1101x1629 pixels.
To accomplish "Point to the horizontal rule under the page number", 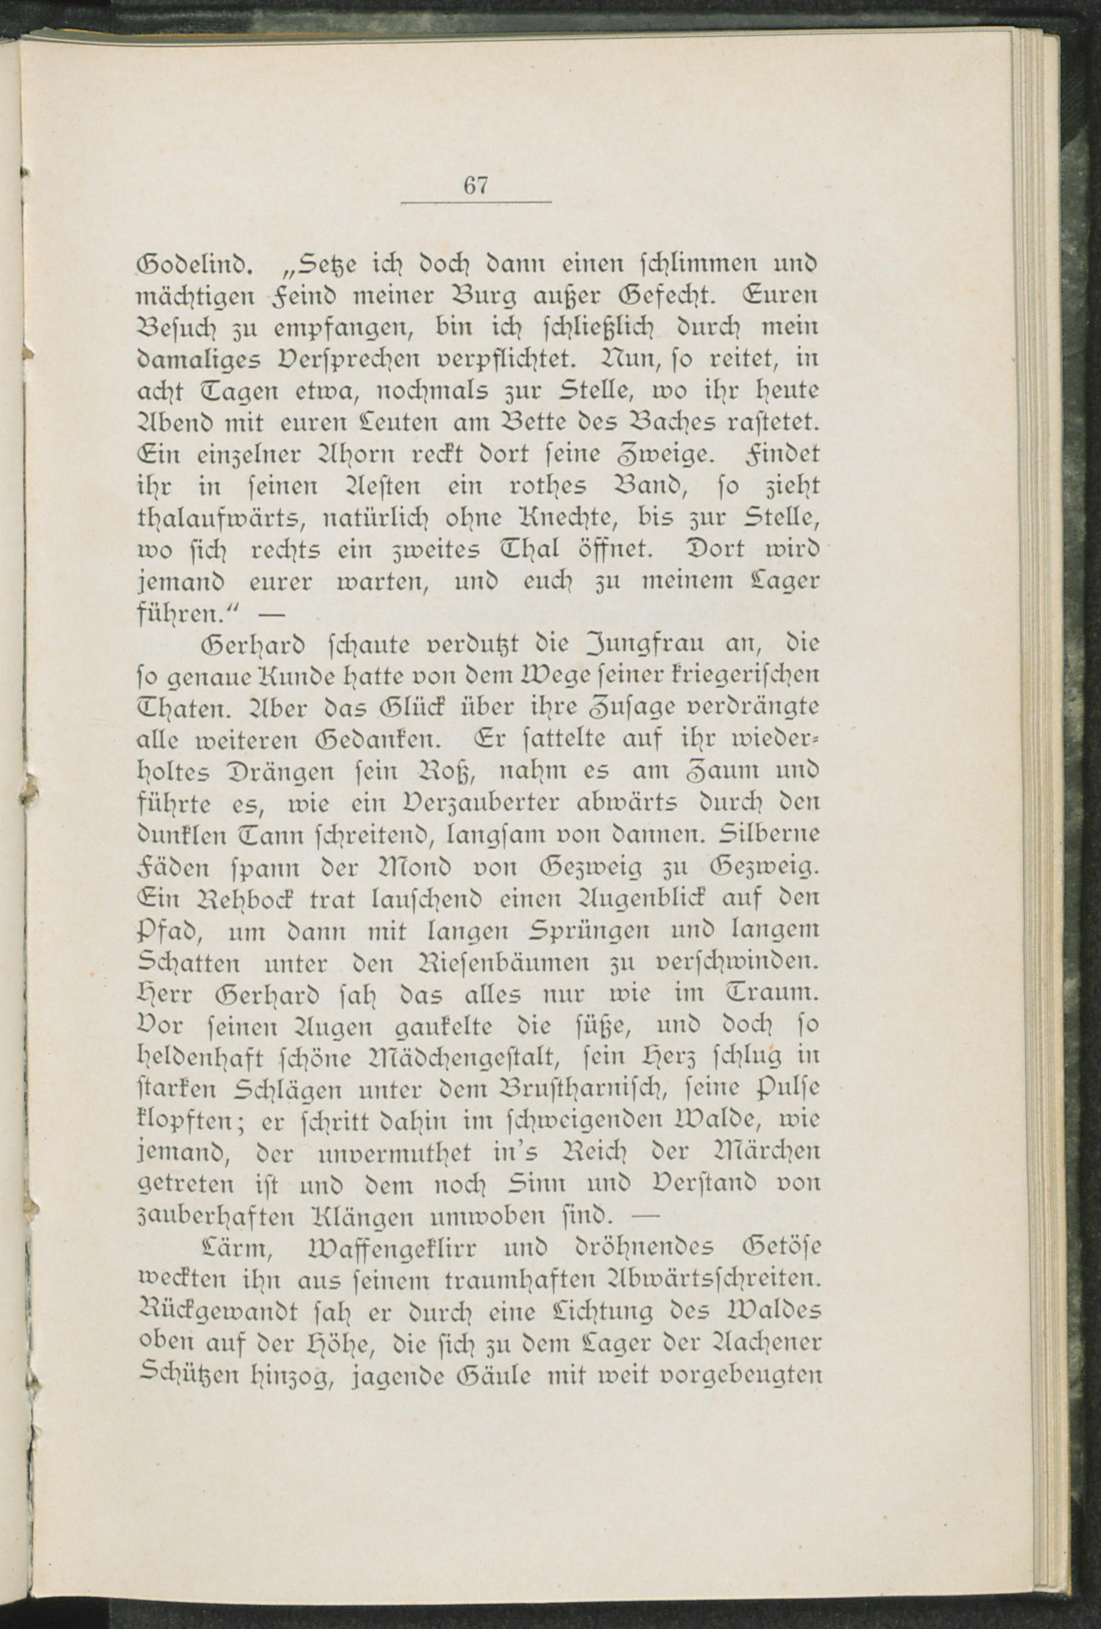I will [x=476, y=203].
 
